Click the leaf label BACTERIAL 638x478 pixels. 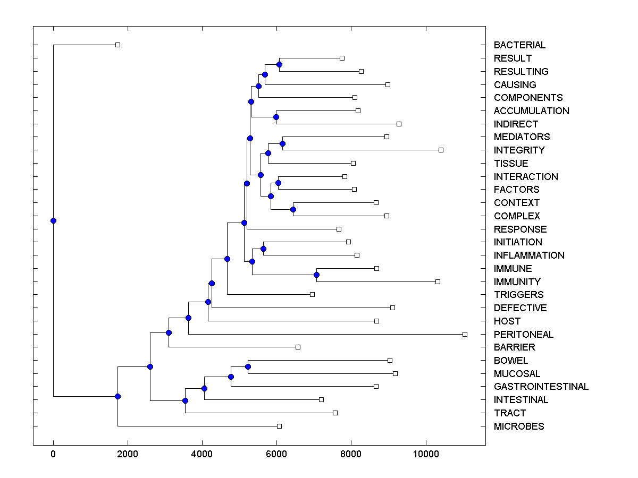519,45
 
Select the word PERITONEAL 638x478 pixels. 524,335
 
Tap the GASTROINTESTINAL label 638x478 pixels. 541,387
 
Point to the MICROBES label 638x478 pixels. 519,426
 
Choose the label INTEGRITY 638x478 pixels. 519,150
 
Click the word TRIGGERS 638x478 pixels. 518,295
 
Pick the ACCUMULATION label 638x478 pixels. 531,111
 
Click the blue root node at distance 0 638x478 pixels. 53,220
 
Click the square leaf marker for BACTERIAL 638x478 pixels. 118,45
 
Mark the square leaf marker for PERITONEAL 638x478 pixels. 465,334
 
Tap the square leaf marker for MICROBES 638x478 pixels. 279,426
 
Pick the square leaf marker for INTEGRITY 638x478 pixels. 441,150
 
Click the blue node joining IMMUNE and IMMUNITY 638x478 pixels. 316,275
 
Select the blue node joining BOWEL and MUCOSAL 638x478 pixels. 248,367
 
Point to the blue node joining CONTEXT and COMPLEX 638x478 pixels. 293,209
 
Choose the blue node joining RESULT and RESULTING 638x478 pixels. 279,64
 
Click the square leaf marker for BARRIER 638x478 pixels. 298,347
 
